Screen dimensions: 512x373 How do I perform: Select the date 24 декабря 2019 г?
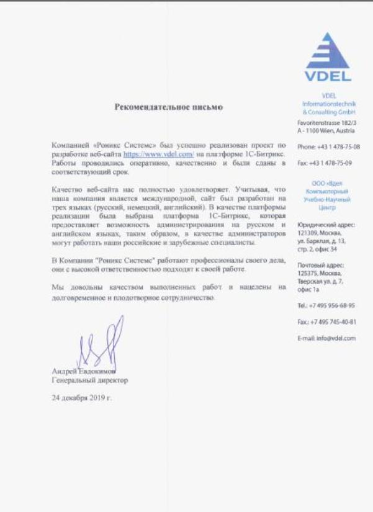point(82,397)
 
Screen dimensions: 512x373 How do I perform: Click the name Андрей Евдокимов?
point(84,371)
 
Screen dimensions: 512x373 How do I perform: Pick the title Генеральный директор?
point(90,380)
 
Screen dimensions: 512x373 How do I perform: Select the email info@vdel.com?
point(335,338)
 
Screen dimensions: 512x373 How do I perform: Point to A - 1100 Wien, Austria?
point(326,132)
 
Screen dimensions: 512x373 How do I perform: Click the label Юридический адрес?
point(326,224)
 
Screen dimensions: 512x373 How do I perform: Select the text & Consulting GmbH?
point(328,112)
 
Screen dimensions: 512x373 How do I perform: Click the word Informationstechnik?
point(328,104)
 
